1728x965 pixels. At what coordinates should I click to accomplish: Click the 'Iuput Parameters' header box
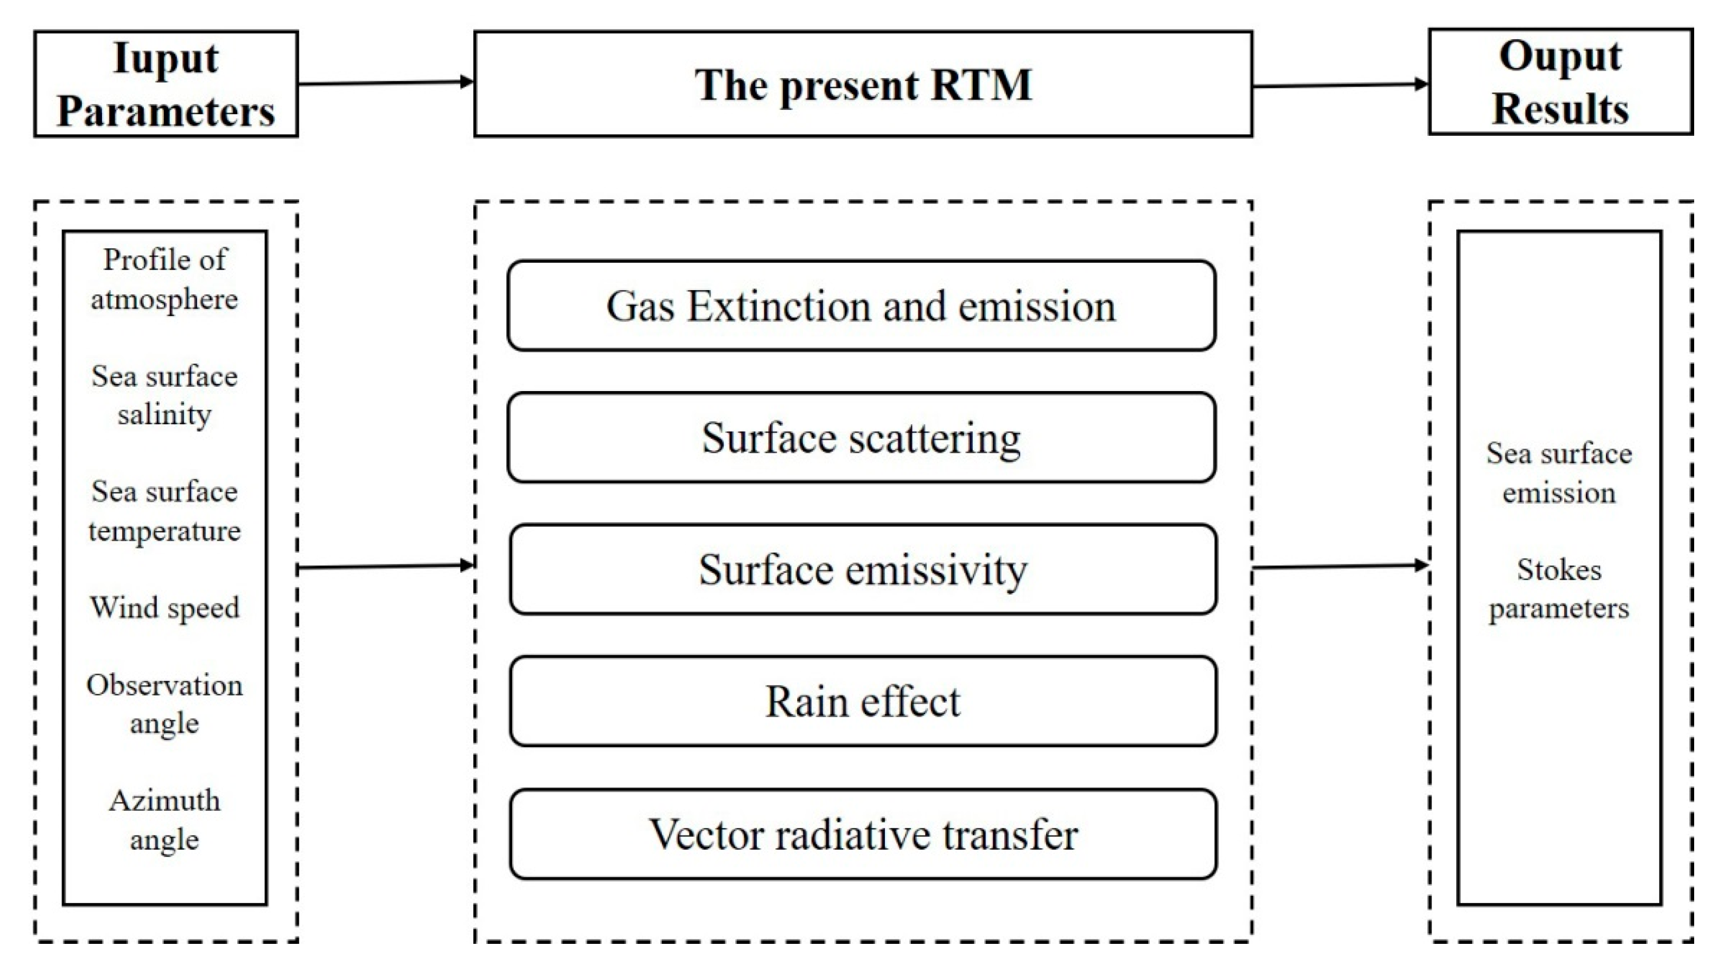[x=165, y=84]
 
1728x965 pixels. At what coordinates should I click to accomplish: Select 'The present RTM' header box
[x=863, y=85]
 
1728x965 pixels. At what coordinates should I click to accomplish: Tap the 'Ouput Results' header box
[x=1560, y=82]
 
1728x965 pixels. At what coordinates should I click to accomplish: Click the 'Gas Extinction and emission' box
[x=861, y=306]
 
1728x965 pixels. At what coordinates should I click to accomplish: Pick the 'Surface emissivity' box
[x=863, y=569]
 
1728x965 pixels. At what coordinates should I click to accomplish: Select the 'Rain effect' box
[x=863, y=701]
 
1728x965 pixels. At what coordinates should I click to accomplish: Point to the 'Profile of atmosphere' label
[x=164, y=279]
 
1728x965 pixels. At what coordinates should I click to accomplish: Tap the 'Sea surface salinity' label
[x=164, y=395]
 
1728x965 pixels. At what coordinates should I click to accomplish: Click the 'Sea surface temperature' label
[x=164, y=511]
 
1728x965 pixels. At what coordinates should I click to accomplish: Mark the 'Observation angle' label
[x=164, y=704]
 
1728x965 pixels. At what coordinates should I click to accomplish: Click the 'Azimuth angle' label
[x=164, y=820]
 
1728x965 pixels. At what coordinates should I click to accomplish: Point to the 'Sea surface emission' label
[x=1559, y=473]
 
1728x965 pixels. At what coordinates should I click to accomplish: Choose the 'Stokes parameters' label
[x=1559, y=589]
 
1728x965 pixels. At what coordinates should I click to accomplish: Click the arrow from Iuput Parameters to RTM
[x=386, y=83]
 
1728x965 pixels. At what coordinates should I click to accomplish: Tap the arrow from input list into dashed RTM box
[x=386, y=567]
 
